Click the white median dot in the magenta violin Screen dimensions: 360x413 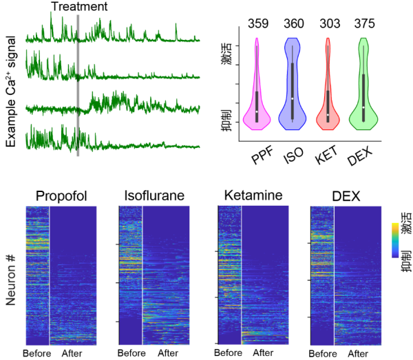[x=257, y=112]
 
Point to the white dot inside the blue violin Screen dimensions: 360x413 [x=293, y=99]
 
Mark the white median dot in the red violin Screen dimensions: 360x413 [x=328, y=115]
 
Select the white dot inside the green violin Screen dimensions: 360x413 [x=363, y=107]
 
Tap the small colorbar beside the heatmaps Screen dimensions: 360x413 [x=395, y=240]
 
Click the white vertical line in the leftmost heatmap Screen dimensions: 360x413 [x=49, y=275]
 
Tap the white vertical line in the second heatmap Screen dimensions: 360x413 [x=142, y=275]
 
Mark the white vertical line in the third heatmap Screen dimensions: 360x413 [x=241, y=275]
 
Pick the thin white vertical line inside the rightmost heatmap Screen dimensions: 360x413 [x=334, y=275]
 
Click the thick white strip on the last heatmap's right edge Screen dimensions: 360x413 [x=383, y=275]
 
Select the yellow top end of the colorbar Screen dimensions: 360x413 [x=395, y=226]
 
